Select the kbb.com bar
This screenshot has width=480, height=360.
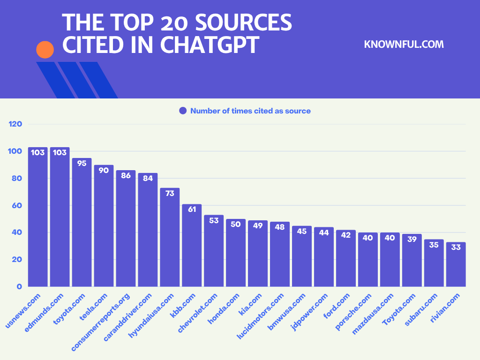pos(192,246)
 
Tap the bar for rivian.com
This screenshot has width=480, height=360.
pos(456,264)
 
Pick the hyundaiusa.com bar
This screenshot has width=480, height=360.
pos(170,237)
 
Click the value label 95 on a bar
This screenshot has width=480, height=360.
pos(82,163)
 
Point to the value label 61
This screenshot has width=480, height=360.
pos(192,209)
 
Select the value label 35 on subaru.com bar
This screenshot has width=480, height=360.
pos(434,244)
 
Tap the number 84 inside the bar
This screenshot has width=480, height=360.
pos(148,178)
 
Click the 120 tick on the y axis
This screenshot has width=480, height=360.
pos(15,124)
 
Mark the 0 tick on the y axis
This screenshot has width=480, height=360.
pos(19,286)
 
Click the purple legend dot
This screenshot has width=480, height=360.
pos(183,111)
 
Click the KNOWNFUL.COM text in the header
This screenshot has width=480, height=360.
pos(404,45)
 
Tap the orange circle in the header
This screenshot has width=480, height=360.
pos(45,49)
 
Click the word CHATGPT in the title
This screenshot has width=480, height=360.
pos(210,44)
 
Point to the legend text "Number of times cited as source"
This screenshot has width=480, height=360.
pos(250,111)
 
